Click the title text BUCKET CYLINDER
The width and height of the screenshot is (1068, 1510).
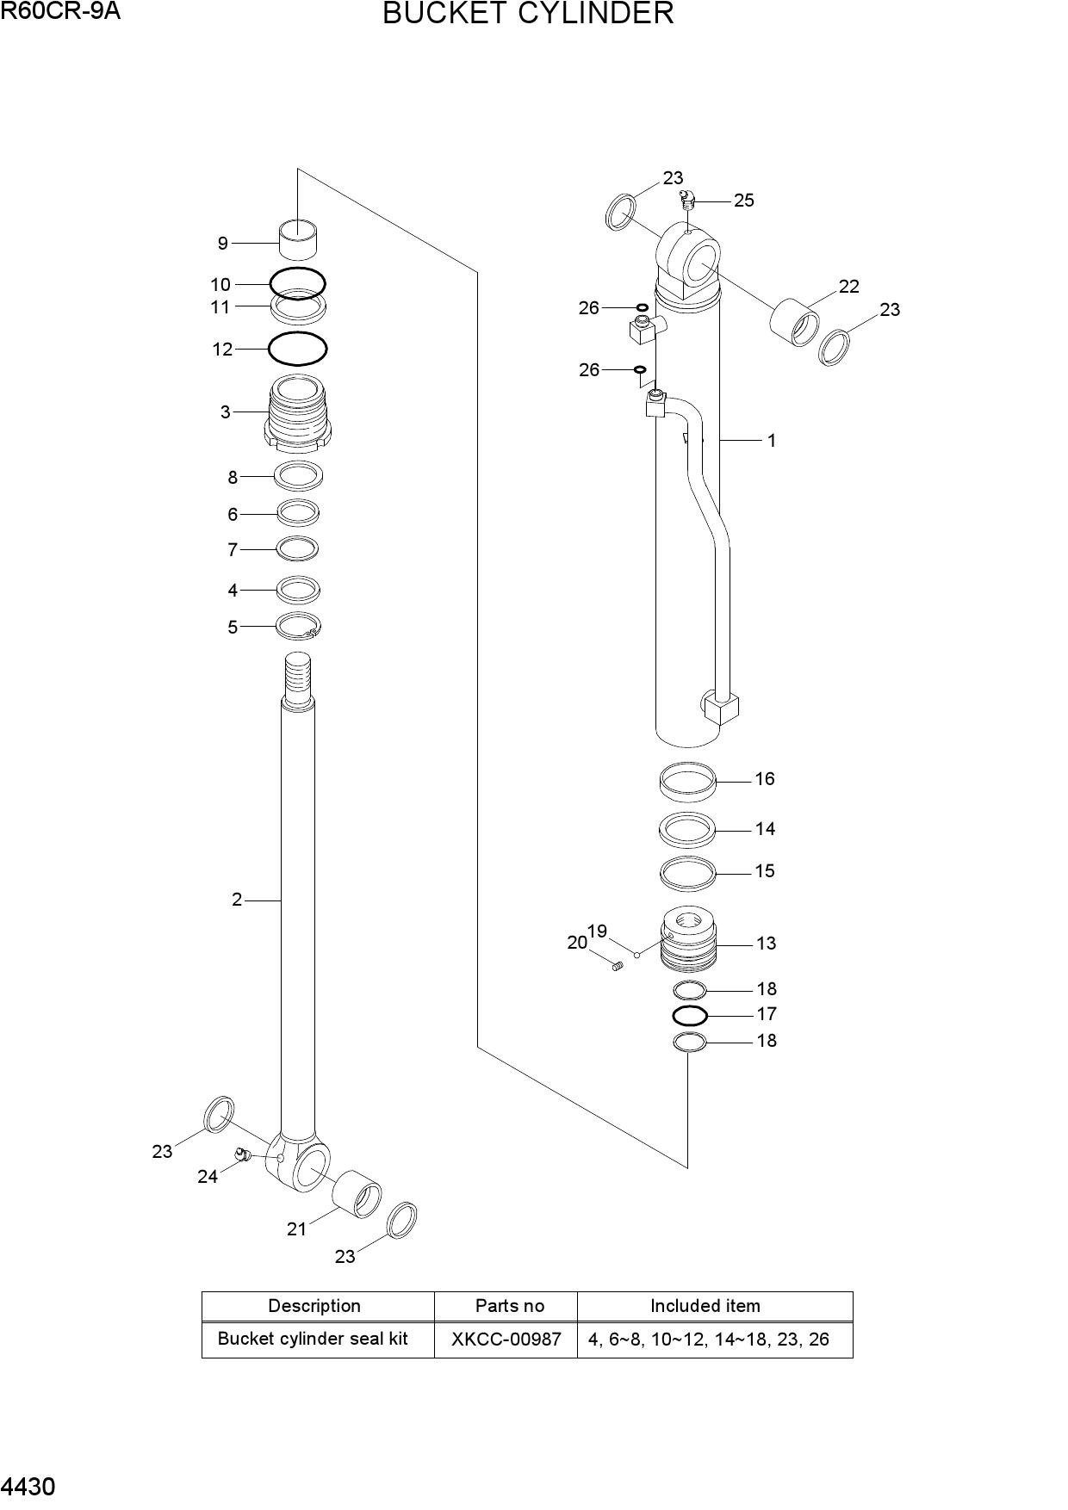tap(528, 14)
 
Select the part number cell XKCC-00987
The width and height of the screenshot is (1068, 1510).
tap(506, 1340)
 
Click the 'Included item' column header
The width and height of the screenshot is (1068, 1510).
tap(705, 1306)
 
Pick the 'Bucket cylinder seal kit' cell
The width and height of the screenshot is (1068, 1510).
tap(313, 1339)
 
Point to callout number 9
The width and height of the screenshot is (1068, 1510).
tap(223, 244)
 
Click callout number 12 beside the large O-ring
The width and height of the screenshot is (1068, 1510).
tap(222, 350)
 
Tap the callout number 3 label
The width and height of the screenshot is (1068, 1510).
tap(226, 412)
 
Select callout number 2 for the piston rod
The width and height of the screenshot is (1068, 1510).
tap(237, 900)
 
